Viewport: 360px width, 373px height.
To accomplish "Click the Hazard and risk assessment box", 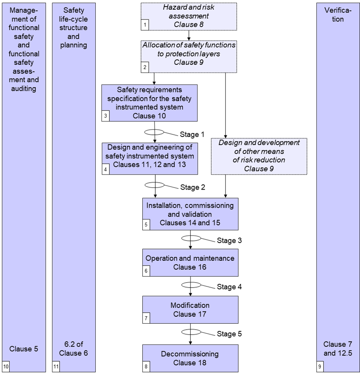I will [189, 16].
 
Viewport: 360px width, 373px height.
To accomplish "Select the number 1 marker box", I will [145, 26].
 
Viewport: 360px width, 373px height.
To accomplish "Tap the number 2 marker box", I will [145, 68].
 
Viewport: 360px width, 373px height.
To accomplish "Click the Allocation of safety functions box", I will [189, 54].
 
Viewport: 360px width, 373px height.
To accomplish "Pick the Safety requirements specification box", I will [150, 102].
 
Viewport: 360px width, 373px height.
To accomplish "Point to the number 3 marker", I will [105, 116].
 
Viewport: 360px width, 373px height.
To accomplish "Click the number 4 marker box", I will [105, 170].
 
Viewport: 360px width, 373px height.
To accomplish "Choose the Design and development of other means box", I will [259, 156].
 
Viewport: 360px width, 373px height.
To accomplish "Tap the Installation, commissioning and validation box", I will [190, 214].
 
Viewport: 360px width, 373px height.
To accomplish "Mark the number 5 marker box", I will [146, 225].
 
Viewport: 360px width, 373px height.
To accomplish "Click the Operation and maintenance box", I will [190, 262].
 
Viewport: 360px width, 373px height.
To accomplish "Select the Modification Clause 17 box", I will [190, 309].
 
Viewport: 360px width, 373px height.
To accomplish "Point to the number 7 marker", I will [146, 319].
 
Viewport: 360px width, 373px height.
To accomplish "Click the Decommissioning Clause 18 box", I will [190, 358].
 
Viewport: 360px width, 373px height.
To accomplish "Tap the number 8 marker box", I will [146, 367].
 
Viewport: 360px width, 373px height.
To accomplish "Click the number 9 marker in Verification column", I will [320, 367].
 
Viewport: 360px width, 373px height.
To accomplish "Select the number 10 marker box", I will [6, 367].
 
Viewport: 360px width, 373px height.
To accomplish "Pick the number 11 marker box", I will [56, 367].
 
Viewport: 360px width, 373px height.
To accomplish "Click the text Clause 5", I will [24, 349].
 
